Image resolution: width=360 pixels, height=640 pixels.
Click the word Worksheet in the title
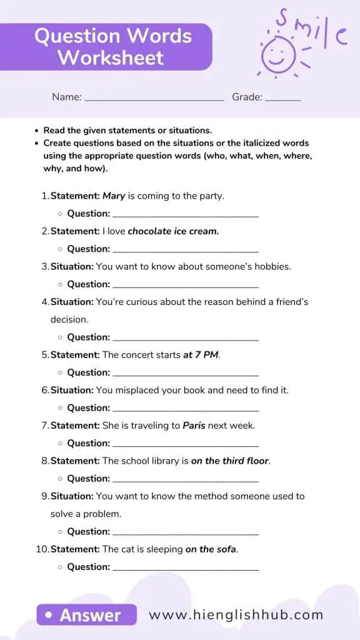tap(111, 58)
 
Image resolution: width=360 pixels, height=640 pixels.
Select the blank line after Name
tap(154, 99)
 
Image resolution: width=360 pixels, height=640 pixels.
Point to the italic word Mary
tap(114, 196)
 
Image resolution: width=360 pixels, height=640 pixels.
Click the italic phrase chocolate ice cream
tap(173, 231)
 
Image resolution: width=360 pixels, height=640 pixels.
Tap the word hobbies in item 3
tap(271, 266)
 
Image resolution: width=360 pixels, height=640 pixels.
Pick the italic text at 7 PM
tap(201, 354)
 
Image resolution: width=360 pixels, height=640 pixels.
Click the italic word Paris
tap(194, 425)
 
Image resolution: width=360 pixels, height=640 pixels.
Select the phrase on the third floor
tap(229, 461)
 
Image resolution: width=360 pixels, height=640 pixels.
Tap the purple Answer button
tap(86, 614)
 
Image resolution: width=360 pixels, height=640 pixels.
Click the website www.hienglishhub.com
tap(236, 614)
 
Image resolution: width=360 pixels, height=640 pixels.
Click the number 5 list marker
tap(44, 354)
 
